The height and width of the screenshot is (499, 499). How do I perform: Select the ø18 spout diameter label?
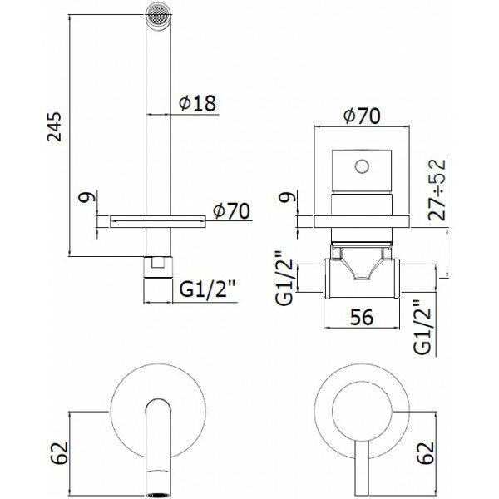point(197,104)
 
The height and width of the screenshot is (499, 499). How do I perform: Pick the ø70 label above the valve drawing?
point(361,116)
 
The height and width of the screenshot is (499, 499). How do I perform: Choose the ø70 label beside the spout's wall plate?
point(232,211)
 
